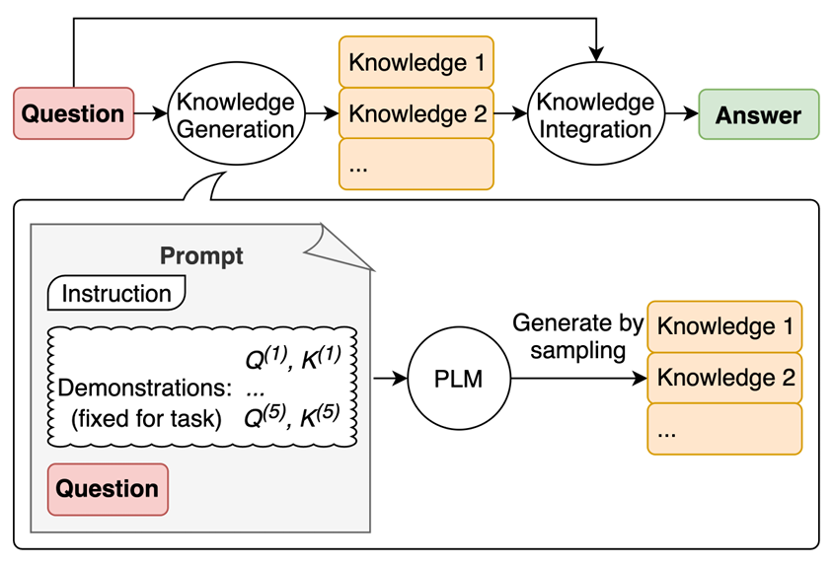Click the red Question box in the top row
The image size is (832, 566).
(74, 113)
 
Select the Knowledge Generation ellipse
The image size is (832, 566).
(236, 113)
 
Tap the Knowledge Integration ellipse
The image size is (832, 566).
(596, 113)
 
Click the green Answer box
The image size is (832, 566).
(759, 114)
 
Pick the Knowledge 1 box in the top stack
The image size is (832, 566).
(416, 62)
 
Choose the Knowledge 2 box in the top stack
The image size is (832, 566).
(416, 113)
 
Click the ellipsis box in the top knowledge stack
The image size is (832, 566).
(416, 165)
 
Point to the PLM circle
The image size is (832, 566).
(459, 379)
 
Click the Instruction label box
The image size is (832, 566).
(116, 293)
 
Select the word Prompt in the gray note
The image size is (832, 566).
(201, 255)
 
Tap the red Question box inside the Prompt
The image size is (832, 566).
(108, 489)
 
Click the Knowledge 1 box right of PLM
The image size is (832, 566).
(724, 326)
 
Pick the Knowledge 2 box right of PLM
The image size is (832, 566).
(724, 378)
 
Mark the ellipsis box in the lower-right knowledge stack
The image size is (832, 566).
(724, 429)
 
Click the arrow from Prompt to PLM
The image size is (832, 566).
(390, 379)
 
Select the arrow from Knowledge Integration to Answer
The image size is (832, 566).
(682, 113)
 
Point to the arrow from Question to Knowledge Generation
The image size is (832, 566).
(151, 113)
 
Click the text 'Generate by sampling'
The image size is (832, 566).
(577, 337)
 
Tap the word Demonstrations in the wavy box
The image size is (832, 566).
(145, 388)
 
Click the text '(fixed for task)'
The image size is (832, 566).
(146, 419)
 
